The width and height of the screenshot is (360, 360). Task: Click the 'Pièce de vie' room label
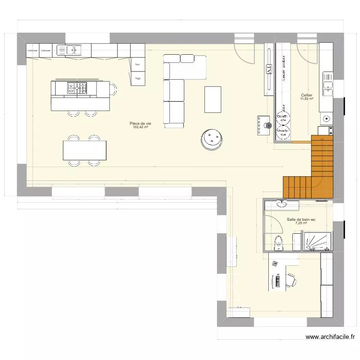[x=140, y=123]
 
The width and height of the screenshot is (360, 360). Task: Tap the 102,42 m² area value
[x=140, y=128]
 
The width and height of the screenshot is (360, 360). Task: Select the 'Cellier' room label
[x=306, y=95]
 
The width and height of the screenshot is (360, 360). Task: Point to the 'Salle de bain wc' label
[x=301, y=219]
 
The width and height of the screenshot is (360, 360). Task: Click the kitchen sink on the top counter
[x=73, y=49]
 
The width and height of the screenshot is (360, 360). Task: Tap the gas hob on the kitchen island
[x=77, y=88]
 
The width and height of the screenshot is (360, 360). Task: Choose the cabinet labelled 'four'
[x=138, y=64]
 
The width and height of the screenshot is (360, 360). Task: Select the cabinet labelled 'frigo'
[x=138, y=78]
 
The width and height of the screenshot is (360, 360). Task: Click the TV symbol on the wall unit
[x=269, y=70]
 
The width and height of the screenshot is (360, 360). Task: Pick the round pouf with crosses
[x=212, y=138]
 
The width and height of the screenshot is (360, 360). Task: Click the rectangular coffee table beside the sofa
[x=213, y=99]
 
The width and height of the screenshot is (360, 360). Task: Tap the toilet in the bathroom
[x=278, y=243]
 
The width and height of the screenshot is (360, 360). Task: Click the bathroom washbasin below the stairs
[x=280, y=204]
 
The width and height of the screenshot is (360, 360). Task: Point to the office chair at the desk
[x=291, y=281]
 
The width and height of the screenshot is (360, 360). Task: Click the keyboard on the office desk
[x=278, y=281]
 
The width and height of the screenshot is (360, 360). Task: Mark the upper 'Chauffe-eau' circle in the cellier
[x=283, y=117]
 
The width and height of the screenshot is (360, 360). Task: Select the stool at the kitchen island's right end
[x=113, y=89]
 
